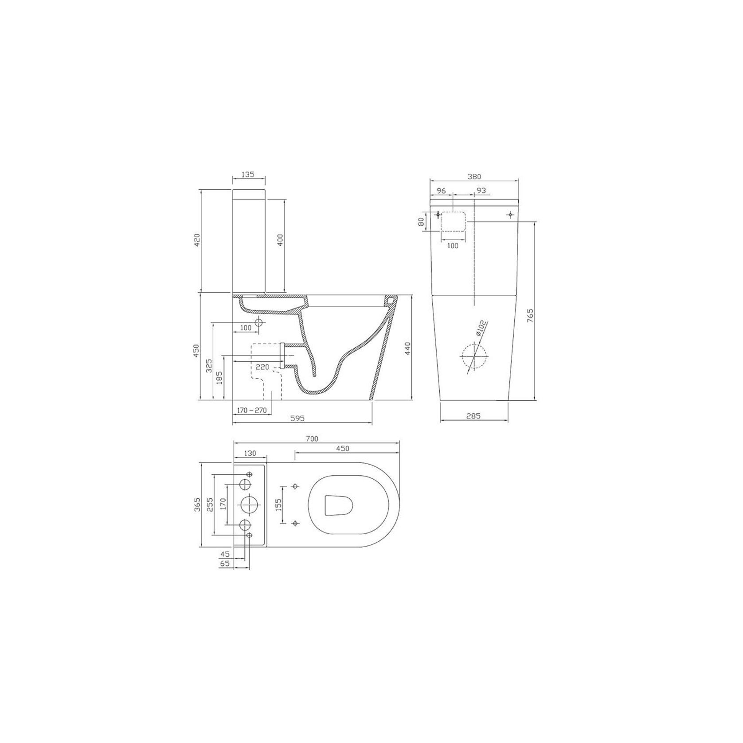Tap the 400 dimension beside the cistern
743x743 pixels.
[x=280, y=241]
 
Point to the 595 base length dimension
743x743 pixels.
[x=297, y=418]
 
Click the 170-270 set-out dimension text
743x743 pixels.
[x=252, y=411]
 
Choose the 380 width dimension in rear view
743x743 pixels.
[x=474, y=176]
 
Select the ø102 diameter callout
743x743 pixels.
[x=481, y=330]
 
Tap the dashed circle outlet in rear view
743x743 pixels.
[x=473, y=357]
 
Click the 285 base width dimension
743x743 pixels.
[x=473, y=416]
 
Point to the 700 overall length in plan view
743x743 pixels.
[x=312, y=438]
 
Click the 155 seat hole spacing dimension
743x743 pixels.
[x=278, y=504]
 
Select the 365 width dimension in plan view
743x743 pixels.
[x=198, y=504]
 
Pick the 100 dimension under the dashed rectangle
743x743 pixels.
[x=453, y=246]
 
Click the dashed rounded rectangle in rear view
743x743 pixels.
[x=453, y=221]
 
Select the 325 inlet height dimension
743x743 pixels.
[x=209, y=365]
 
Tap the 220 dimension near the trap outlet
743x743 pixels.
[x=262, y=367]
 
